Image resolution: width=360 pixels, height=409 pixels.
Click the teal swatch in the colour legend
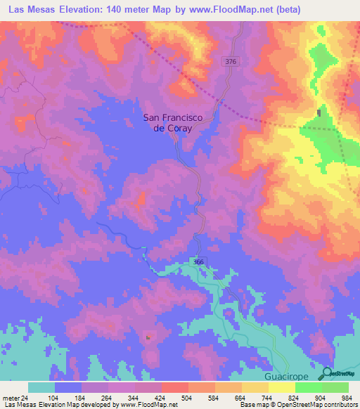point(41,388)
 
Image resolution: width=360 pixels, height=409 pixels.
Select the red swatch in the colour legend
point(175,388)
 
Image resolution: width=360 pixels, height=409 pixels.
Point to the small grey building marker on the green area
point(319,112)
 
